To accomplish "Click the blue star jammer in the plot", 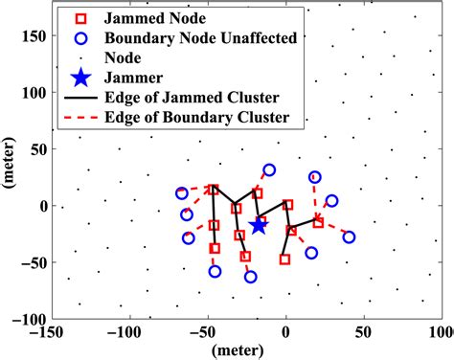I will [258, 225].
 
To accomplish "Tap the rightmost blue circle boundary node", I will [349, 236].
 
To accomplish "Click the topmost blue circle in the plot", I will [270, 169].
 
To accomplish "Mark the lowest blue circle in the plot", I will [251, 277].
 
